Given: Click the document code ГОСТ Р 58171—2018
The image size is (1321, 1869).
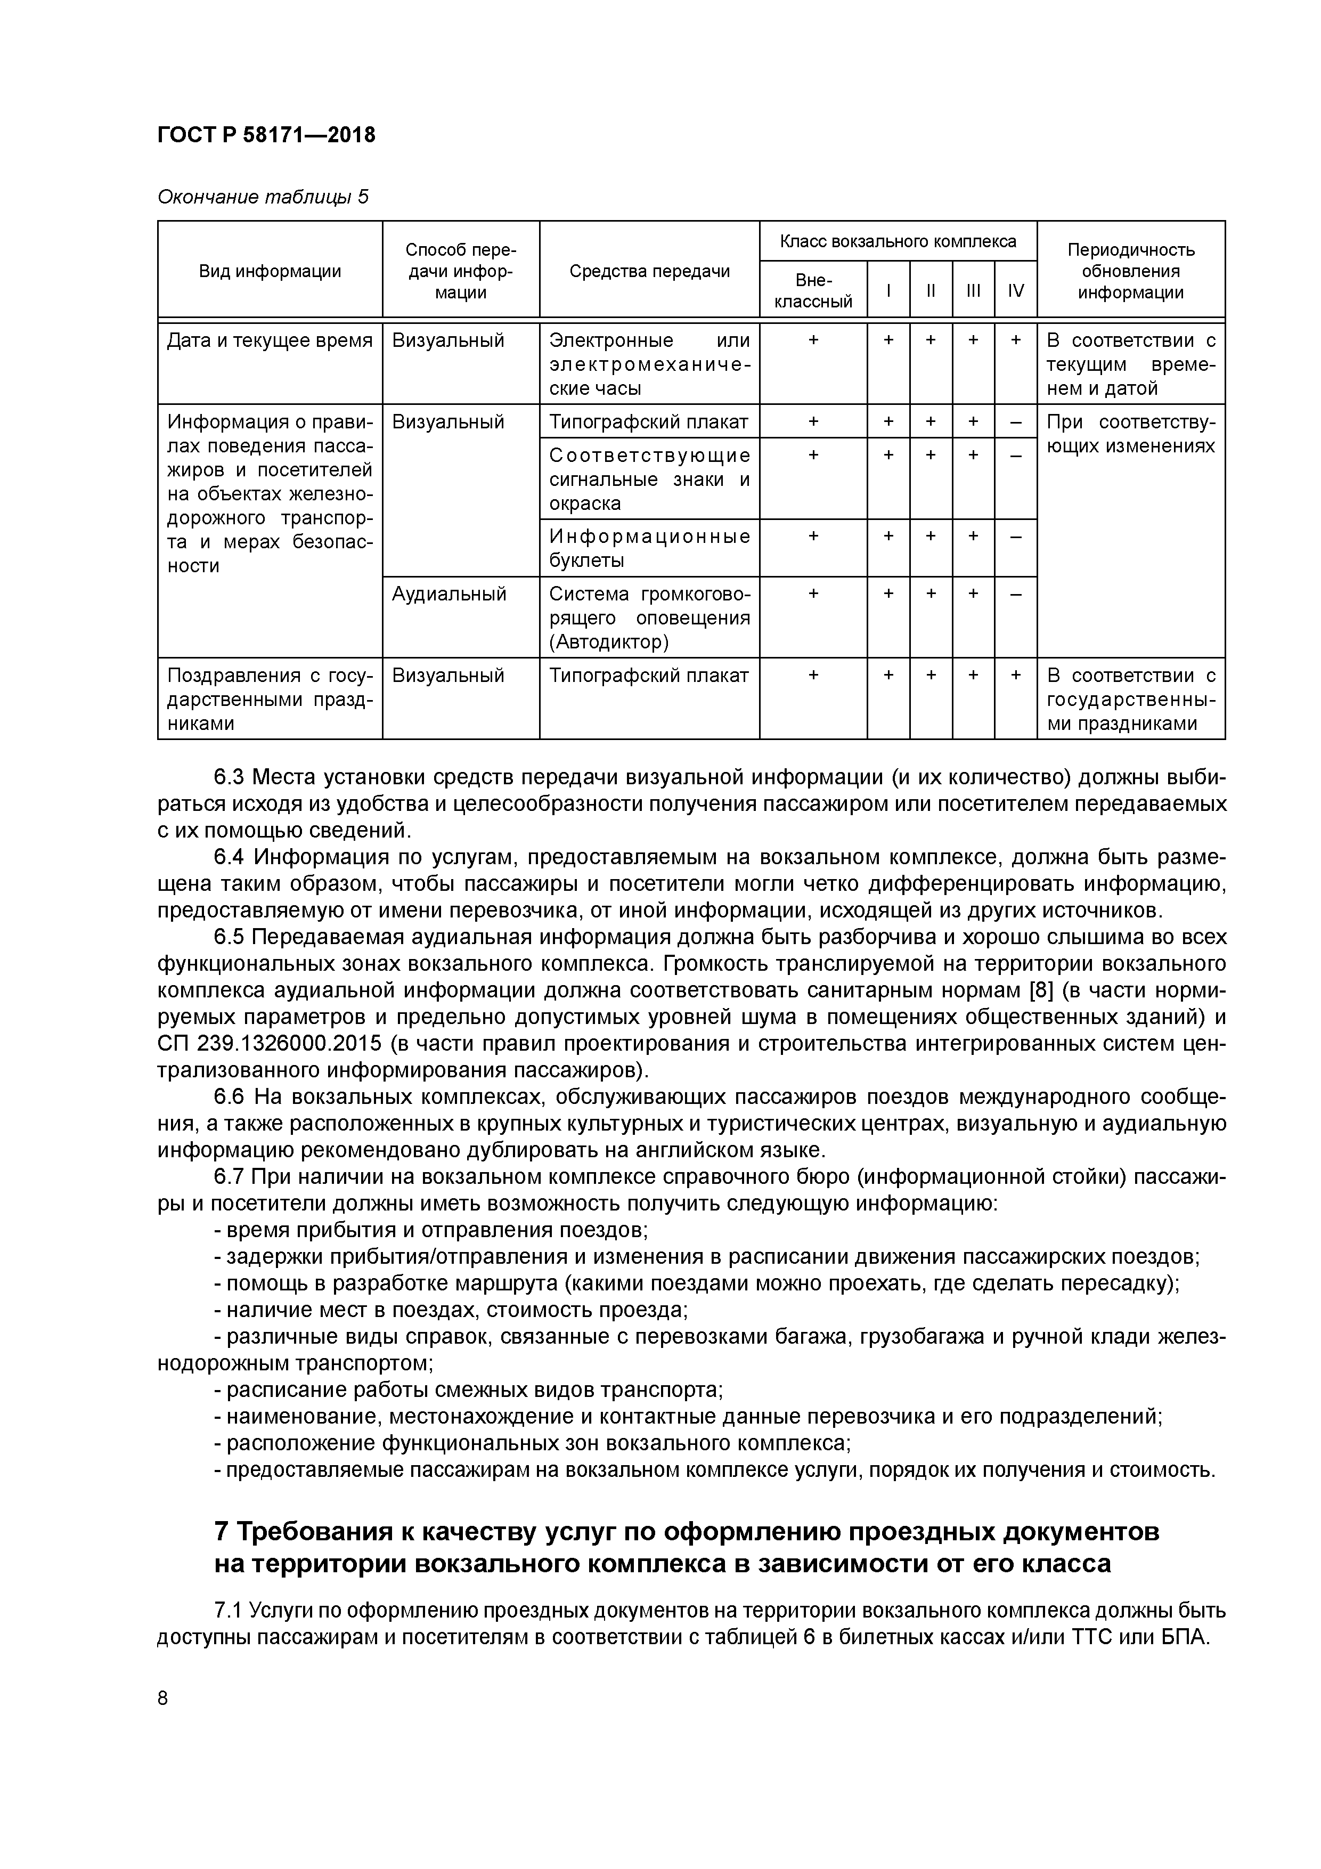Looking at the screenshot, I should [266, 135].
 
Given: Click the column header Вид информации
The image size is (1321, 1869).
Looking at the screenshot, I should [270, 271].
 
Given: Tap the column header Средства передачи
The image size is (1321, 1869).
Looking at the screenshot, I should [649, 271].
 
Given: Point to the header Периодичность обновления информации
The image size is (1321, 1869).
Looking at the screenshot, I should [1130, 271].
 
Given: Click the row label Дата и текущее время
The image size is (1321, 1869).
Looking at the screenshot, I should [270, 340].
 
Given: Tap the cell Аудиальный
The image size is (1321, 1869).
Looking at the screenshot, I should [449, 594].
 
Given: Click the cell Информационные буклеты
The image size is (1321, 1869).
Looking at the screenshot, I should [649, 548].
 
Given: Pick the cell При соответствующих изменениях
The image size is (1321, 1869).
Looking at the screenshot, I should [1130, 434].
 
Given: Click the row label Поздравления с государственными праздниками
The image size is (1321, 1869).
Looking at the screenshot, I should [270, 699].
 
